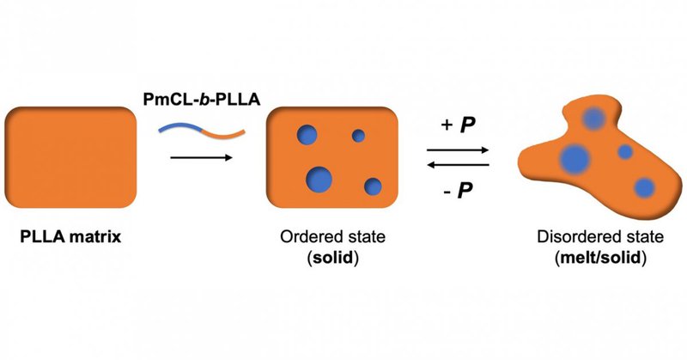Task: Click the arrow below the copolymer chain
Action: point(202,158)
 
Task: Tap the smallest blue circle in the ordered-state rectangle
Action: point(358,135)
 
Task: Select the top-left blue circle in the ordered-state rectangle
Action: point(307,134)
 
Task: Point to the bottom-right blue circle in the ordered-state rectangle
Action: point(373,186)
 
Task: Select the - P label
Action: point(459,189)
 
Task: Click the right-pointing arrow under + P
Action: point(459,149)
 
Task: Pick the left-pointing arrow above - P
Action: point(459,165)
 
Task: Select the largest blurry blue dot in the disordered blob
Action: point(574,158)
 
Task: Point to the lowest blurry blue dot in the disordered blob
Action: point(644,188)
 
